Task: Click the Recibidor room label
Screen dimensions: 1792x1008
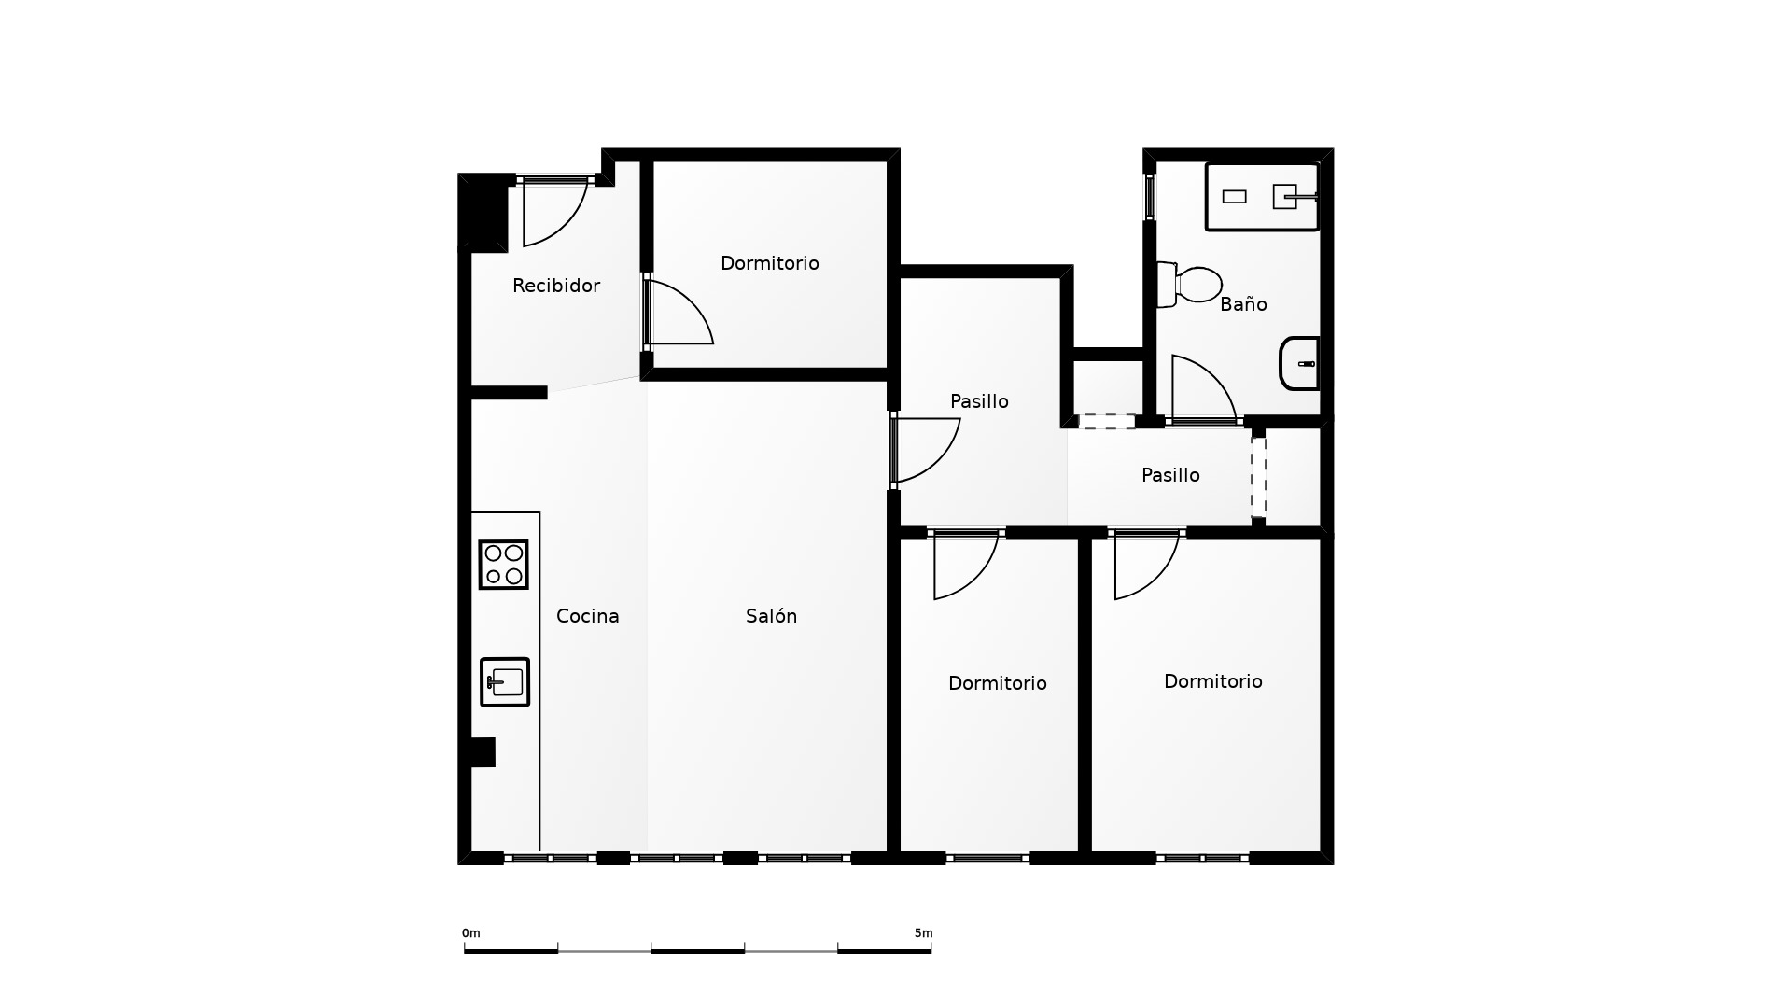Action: (556, 286)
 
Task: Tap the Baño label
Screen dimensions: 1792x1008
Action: (1243, 303)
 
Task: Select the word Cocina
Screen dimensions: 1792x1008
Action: (588, 616)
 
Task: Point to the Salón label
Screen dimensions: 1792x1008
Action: (772, 616)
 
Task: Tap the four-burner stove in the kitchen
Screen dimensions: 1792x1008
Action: (503, 565)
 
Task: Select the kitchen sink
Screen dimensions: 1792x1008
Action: (505, 682)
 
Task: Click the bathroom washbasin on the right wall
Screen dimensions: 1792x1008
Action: (1299, 363)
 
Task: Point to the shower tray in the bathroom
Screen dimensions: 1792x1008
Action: (1262, 197)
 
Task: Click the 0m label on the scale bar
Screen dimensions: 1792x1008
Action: (471, 933)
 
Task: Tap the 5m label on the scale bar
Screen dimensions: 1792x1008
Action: (923, 933)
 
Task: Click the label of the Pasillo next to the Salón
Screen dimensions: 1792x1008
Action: (979, 401)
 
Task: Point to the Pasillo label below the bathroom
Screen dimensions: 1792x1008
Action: (1170, 475)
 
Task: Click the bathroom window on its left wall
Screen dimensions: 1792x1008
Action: (1150, 197)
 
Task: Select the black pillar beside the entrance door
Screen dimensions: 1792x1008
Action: (483, 213)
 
